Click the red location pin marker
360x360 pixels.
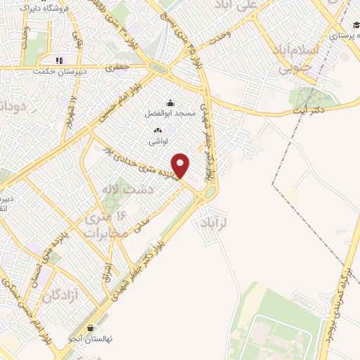point(181,165)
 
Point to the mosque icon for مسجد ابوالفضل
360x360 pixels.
point(169,103)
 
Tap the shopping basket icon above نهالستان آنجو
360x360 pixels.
point(90,328)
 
